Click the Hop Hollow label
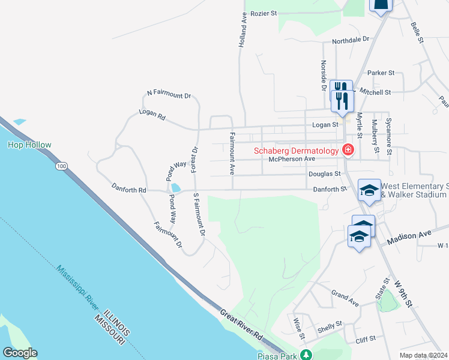pyautogui.click(x=29, y=145)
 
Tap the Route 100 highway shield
pyautogui.click(x=61, y=165)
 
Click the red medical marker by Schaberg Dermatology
pyautogui.click(x=347, y=149)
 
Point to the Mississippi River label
pyautogui.click(x=78, y=287)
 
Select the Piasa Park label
pyautogui.click(x=276, y=355)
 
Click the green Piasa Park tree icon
pyautogui.click(x=306, y=355)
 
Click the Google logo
pyautogui.click(x=20, y=353)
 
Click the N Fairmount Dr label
pyautogui.click(x=169, y=95)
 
